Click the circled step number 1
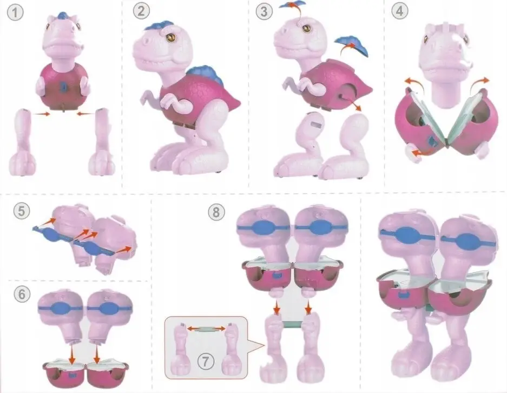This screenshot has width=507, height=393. pos(15,13)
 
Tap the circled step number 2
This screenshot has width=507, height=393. pos(141,11)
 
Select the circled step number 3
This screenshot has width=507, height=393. pos(264,12)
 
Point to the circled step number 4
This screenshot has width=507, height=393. pos(400,11)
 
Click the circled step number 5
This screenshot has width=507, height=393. pos(21,211)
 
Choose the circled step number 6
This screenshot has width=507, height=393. pos(22,294)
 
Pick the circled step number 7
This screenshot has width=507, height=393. pos(206,361)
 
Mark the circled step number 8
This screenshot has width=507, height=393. pos(216,213)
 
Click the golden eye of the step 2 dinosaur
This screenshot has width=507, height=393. pos(171,37)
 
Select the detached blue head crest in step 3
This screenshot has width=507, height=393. pos(292,4)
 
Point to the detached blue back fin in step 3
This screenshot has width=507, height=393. pos(352,45)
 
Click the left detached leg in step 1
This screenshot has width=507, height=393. pos(22,142)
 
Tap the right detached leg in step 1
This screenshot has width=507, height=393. pos(102,142)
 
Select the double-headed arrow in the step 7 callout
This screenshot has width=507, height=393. pos(206,329)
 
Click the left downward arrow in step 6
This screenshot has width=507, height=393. pos(72,354)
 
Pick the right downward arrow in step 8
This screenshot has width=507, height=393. pos(308,307)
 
